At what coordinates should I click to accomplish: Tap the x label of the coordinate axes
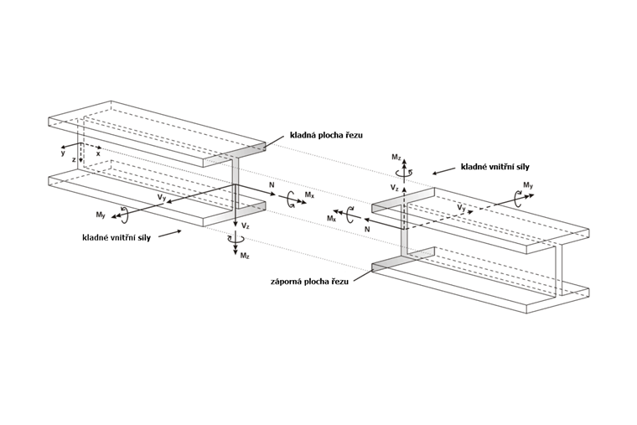(98, 153)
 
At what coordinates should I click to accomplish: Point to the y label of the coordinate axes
(62, 153)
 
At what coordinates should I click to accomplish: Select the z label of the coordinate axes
(74, 159)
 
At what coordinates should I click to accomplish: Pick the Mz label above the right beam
(398, 156)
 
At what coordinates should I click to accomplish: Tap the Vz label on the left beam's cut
(245, 225)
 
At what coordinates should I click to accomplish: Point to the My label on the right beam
(526, 184)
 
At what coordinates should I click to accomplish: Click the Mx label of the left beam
(310, 194)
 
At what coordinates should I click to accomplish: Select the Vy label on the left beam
(160, 196)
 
